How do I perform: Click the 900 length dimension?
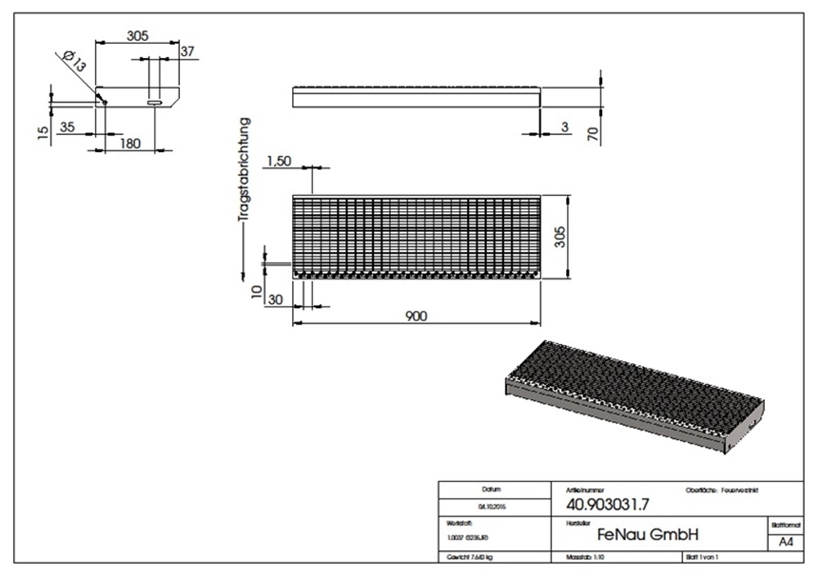coord(416,316)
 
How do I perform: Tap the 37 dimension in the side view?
coord(187,51)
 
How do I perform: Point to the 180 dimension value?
coord(130,143)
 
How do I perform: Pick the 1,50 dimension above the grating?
coord(278,162)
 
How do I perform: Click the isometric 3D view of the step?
coord(636,394)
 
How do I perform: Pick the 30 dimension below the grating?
coord(276,300)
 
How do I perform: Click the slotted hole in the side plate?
coord(154,103)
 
